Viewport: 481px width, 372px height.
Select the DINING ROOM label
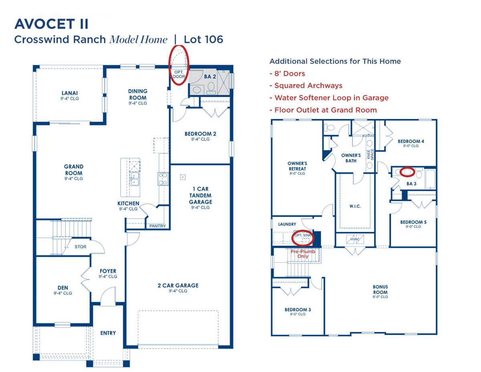137,95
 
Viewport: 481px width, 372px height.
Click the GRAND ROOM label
74,170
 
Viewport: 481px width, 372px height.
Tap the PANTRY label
158,226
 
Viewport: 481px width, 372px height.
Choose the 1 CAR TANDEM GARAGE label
200,195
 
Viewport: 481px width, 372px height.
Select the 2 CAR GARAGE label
178,286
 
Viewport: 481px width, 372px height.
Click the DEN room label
63,288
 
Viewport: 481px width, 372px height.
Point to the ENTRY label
108,333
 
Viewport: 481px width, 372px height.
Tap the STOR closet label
80,247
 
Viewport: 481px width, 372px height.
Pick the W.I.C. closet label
355,206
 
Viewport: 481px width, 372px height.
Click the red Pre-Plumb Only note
303,253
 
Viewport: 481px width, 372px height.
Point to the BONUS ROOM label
380,289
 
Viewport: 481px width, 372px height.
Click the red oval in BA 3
408,171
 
